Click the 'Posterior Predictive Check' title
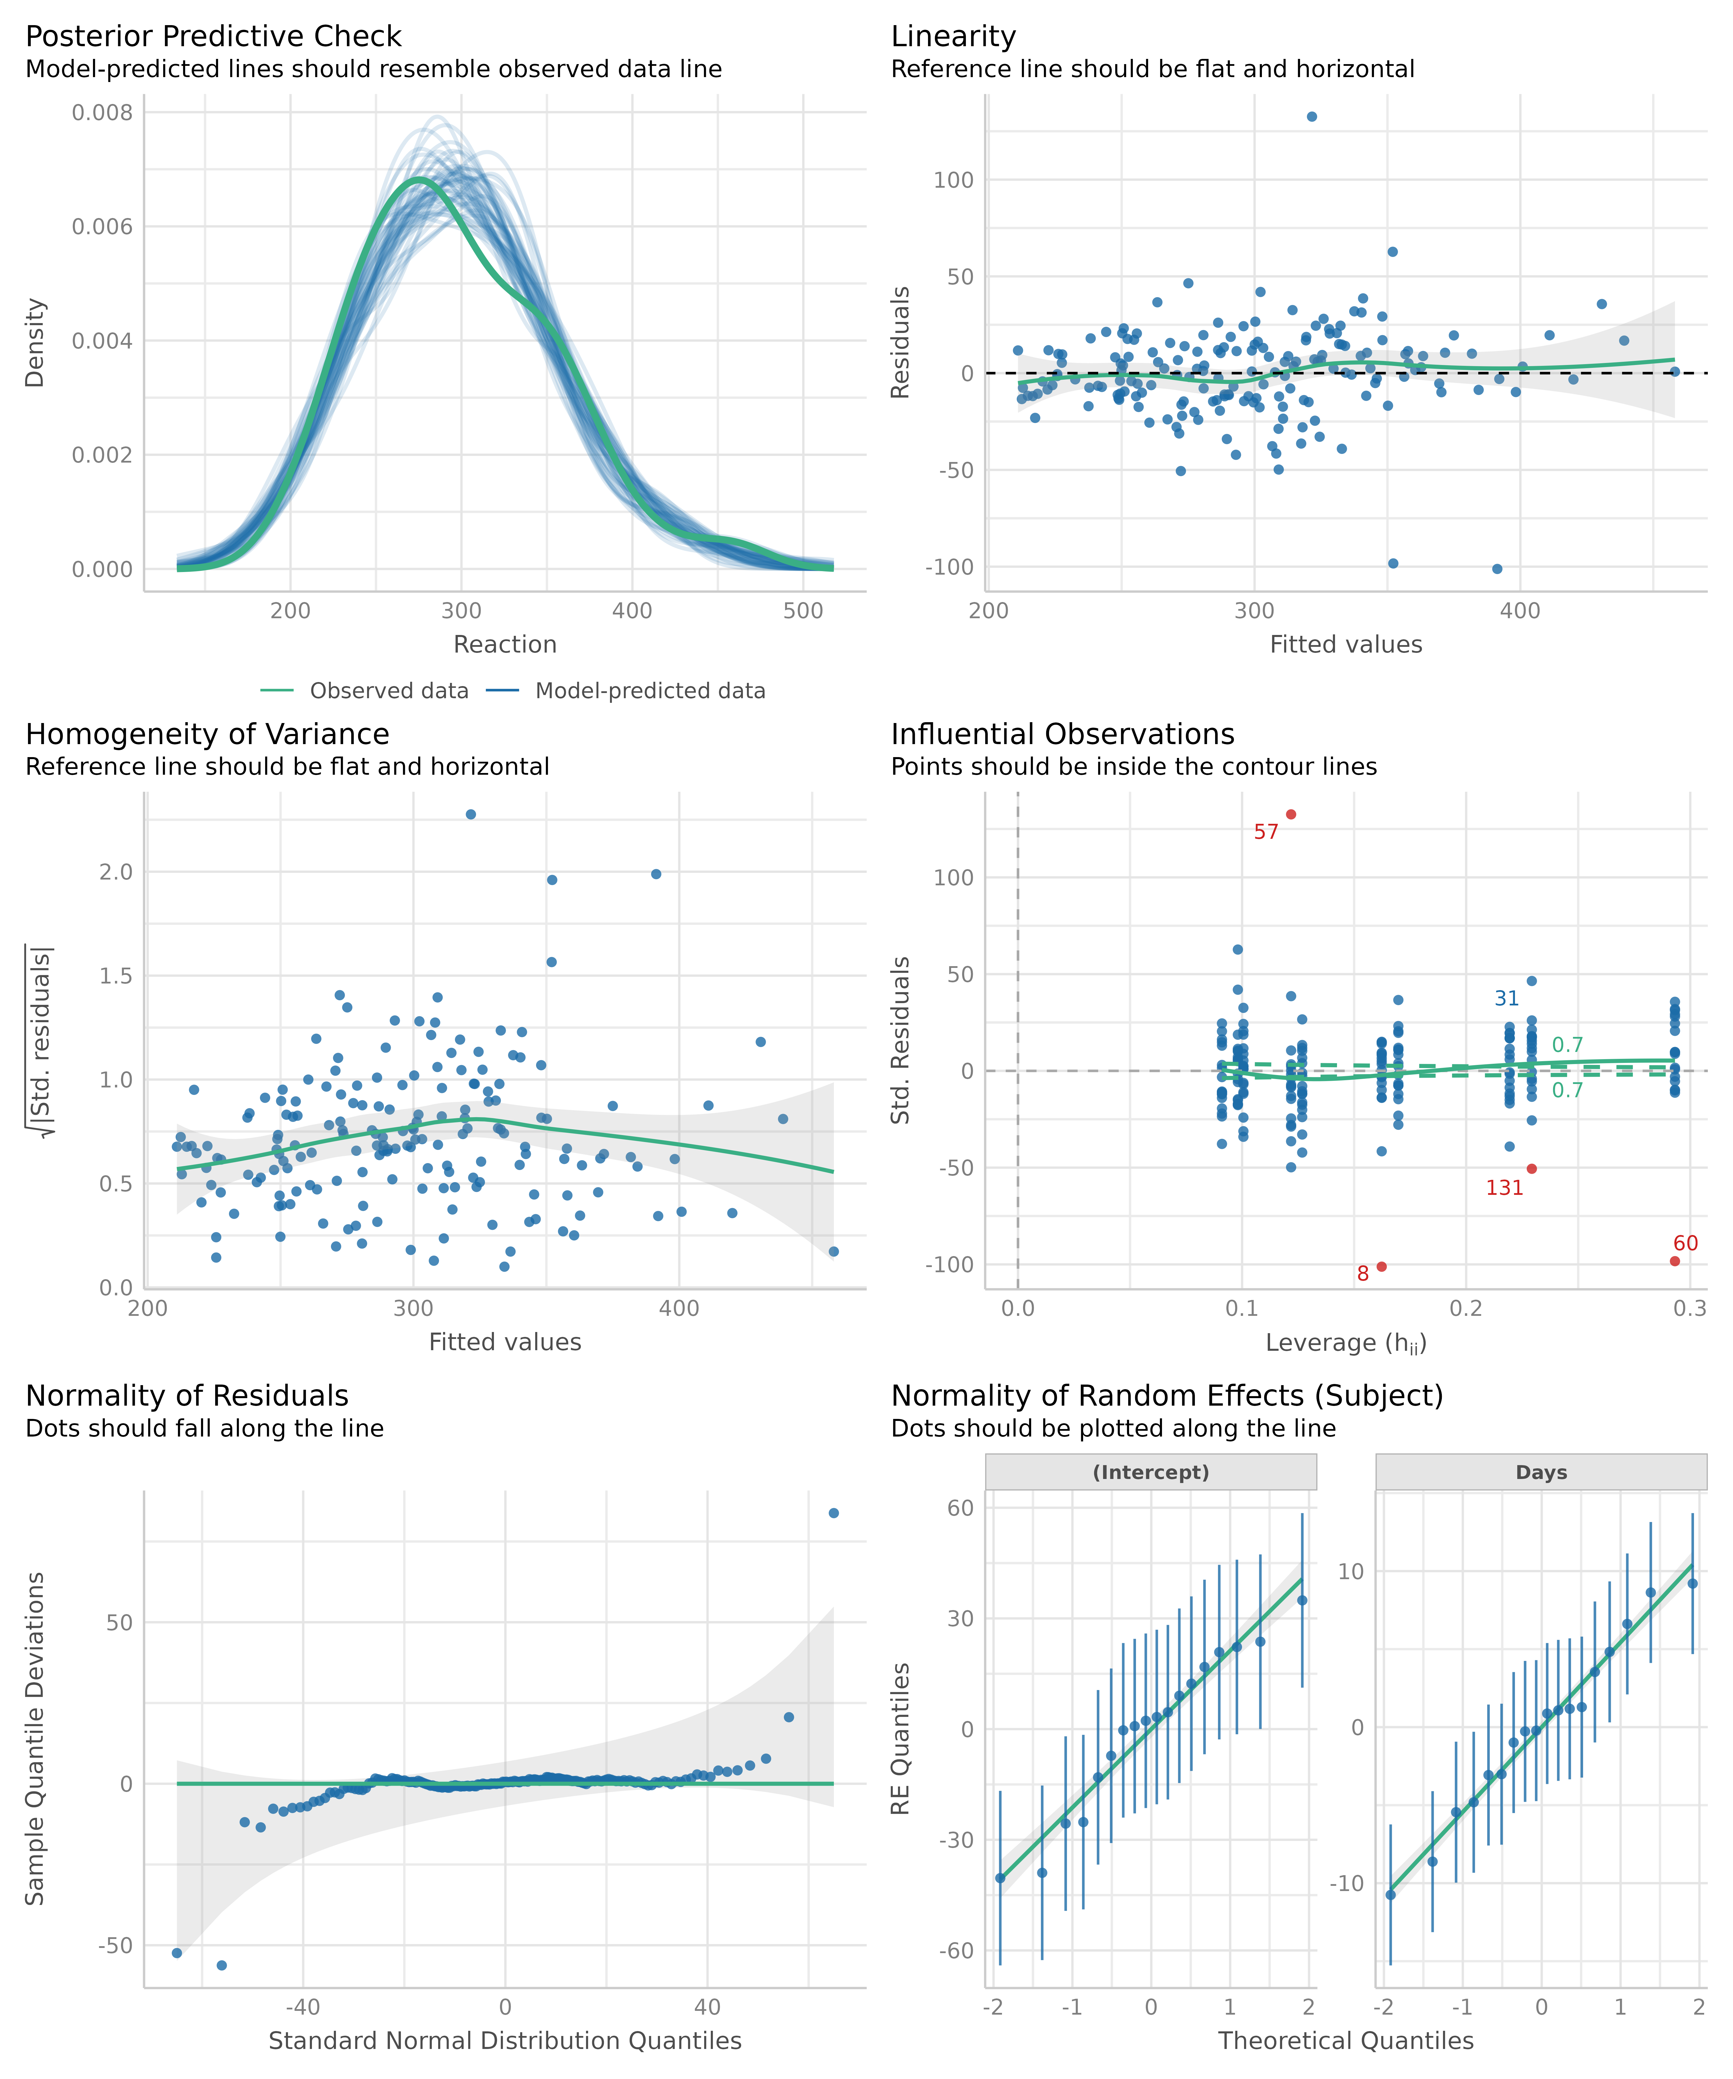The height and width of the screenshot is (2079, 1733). point(213,37)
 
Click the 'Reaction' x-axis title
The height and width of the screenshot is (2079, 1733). point(505,644)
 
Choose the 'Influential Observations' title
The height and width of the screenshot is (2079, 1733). point(1063,735)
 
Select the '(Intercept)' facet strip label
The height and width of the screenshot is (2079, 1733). point(1151,1472)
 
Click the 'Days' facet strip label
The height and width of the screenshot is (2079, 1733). point(1541,1472)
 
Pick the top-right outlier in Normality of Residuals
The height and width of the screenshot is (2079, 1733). point(834,1513)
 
